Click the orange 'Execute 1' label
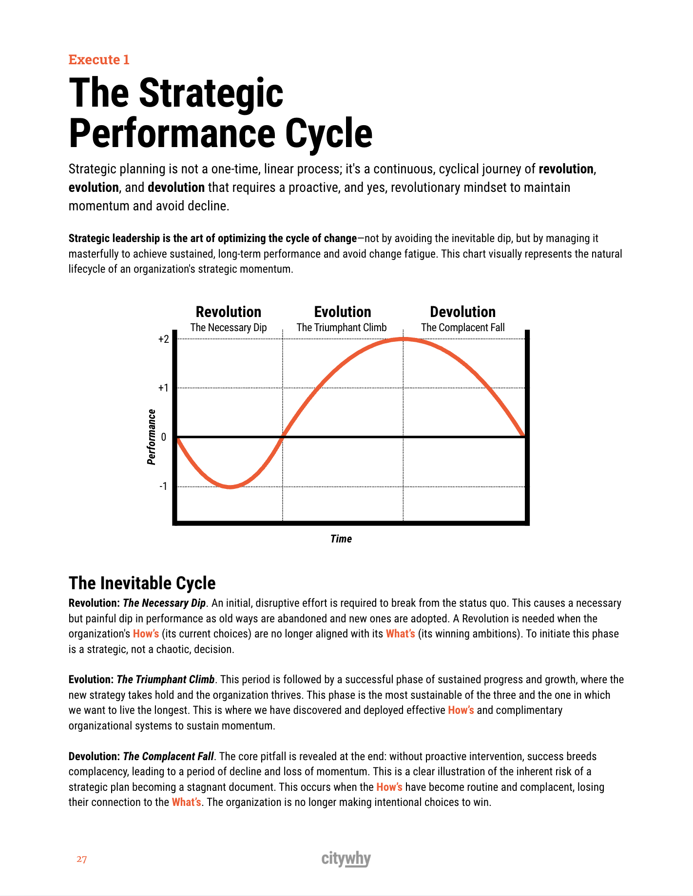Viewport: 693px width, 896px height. tap(99, 59)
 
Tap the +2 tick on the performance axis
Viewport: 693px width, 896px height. tap(164, 339)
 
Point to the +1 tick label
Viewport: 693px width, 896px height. tap(164, 388)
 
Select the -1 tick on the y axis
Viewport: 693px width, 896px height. tap(163, 486)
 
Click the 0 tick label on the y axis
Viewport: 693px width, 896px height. tap(164, 437)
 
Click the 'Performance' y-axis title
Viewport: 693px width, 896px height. tap(152, 437)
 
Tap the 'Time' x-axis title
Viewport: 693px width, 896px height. tap(341, 539)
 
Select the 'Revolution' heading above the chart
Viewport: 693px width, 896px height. tap(229, 312)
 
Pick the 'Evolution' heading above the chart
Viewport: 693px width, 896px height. tap(343, 312)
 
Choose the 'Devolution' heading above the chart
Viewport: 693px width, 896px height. tap(462, 312)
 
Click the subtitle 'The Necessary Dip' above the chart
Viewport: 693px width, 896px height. tap(229, 328)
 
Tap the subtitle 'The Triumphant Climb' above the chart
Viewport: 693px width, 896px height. tap(342, 328)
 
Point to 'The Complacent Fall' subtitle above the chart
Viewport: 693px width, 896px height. tap(462, 328)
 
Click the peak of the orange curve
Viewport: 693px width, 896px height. tap(404, 339)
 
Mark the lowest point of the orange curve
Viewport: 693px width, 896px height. tap(230, 486)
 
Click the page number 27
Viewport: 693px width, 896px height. tap(82, 859)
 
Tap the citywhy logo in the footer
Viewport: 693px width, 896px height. tap(346, 859)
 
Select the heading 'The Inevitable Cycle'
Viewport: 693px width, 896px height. tap(142, 583)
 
